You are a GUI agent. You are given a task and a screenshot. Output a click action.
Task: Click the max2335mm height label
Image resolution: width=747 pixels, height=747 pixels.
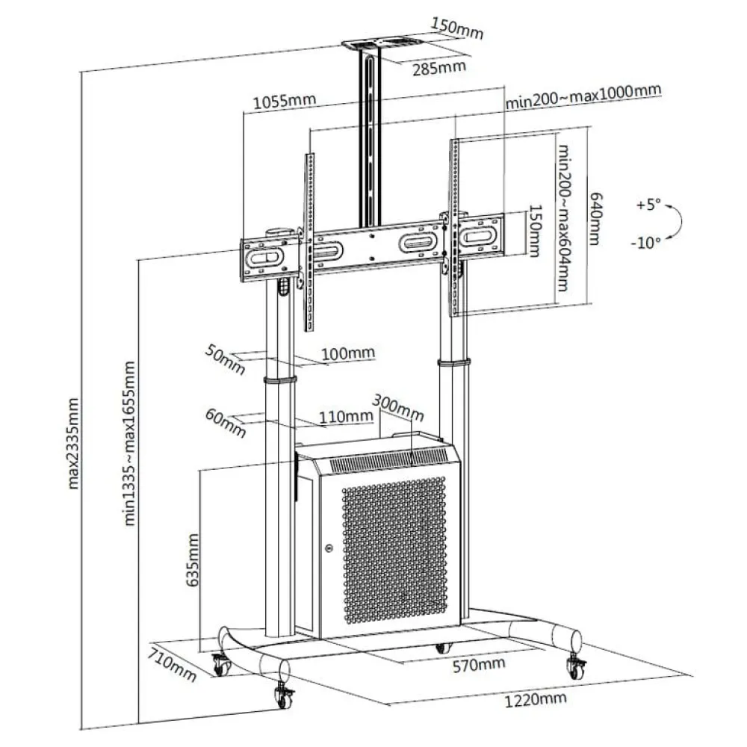click(73, 444)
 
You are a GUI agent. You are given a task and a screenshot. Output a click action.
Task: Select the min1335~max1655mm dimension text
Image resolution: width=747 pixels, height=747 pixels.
click(129, 444)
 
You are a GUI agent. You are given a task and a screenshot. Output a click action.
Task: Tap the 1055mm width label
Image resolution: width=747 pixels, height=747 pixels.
click(284, 101)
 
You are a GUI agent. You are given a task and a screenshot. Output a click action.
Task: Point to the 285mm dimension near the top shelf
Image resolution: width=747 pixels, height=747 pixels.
click(438, 68)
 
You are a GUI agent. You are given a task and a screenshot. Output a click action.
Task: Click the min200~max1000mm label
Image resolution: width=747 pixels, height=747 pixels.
click(583, 96)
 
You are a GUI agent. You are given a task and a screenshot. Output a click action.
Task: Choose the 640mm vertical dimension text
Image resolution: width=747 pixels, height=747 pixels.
click(595, 219)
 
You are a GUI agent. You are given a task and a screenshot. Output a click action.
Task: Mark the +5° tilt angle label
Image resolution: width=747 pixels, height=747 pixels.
click(648, 205)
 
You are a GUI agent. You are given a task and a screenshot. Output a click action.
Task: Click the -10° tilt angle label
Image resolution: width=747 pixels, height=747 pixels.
click(646, 243)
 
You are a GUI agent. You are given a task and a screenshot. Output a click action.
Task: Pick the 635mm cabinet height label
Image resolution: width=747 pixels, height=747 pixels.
click(193, 560)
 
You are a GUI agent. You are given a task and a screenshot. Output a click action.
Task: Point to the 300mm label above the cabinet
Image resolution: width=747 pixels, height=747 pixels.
click(398, 408)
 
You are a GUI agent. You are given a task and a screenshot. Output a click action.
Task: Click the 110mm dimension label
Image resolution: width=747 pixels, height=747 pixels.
click(346, 417)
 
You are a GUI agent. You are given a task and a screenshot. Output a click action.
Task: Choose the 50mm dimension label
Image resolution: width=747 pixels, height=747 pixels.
click(225, 359)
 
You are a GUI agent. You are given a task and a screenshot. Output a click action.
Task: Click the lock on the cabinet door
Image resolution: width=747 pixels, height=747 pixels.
click(329, 548)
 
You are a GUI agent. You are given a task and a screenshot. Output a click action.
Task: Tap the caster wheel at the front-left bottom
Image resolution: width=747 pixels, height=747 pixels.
click(283, 695)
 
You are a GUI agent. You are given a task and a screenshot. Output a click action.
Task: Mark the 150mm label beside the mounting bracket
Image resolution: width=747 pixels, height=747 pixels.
click(536, 231)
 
